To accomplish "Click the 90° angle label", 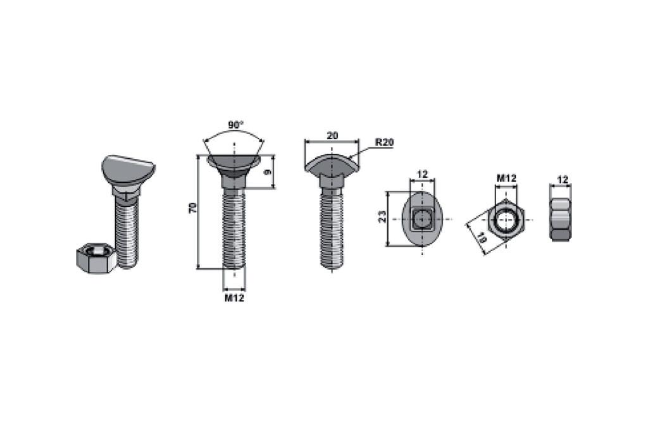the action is [x=235, y=125].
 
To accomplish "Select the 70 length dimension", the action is [x=192, y=208].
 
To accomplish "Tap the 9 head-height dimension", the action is [x=268, y=171].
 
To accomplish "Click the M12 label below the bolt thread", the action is [x=234, y=298].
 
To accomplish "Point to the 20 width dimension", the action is [x=332, y=135].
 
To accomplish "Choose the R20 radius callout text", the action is [x=384, y=142].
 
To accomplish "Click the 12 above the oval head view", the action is [x=422, y=175].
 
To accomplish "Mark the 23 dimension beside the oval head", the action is [x=382, y=217].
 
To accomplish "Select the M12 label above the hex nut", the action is [x=506, y=178].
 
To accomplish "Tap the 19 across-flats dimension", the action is [x=481, y=237].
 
